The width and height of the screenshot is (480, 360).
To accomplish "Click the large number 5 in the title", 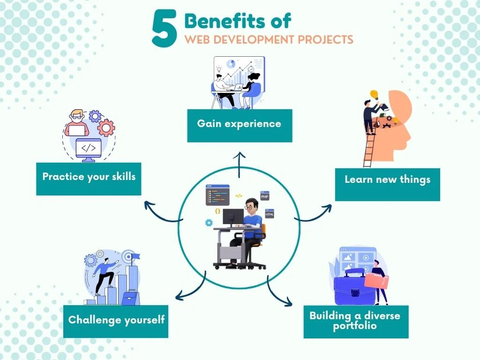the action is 165,28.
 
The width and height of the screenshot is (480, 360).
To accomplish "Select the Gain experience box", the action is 240,126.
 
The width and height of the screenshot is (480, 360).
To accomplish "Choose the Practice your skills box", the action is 89,179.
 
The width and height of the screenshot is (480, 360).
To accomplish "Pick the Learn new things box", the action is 388,184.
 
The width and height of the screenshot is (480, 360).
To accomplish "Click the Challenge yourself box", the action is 116,322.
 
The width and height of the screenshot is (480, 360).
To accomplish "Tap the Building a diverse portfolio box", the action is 356,322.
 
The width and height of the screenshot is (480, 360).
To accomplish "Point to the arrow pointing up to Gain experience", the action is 239,165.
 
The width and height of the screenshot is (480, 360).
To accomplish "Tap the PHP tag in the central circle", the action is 265,196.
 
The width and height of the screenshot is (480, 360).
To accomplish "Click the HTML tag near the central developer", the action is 270,214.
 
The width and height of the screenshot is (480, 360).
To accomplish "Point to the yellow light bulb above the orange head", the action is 374,94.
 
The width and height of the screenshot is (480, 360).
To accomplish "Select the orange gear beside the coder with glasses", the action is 106,128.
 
